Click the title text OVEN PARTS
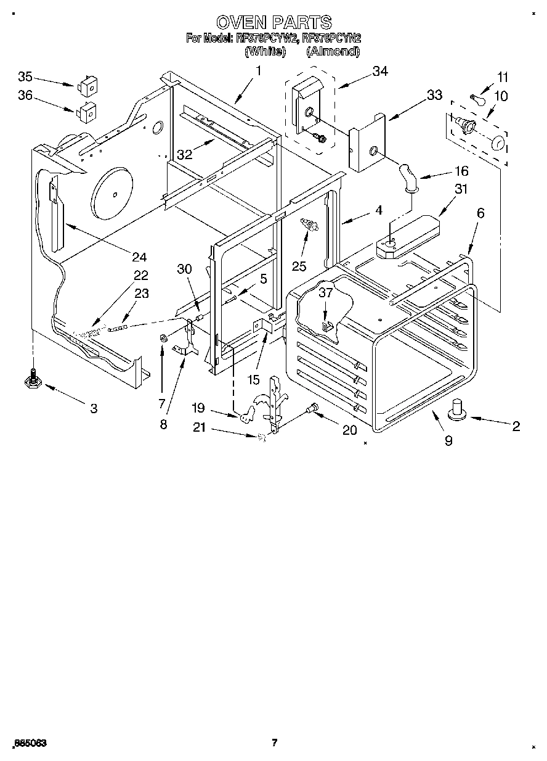(273, 23)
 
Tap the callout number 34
(379, 72)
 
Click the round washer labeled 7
(164, 338)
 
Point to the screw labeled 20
(313, 408)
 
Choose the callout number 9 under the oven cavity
(448, 440)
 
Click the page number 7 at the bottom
(274, 743)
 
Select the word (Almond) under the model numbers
(333, 52)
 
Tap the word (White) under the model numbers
(265, 52)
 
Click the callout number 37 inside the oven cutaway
(325, 293)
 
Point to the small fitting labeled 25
(308, 226)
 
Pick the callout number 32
(185, 155)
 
